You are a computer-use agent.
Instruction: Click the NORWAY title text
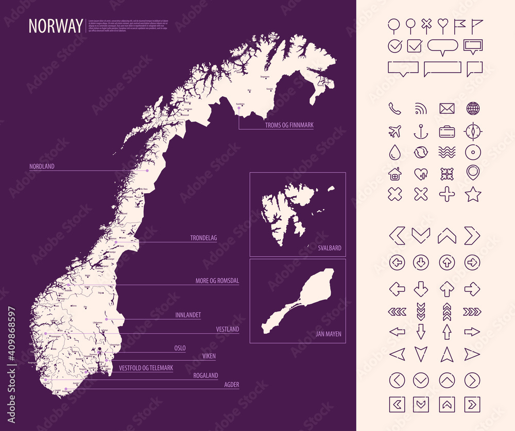pyautogui.click(x=55, y=26)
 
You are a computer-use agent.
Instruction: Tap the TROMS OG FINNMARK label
pyautogui.click(x=289, y=125)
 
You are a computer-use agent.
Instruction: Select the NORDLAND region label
pyautogui.click(x=42, y=166)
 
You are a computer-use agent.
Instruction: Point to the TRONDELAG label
pyautogui.click(x=203, y=238)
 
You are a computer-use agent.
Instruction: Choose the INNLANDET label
pyautogui.click(x=188, y=315)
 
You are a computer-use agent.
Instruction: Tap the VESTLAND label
pyautogui.click(x=227, y=329)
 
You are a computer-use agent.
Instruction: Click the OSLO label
pyautogui.click(x=180, y=349)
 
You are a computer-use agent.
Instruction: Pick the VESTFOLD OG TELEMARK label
pyautogui.click(x=146, y=368)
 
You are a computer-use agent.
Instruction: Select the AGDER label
pyautogui.click(x=231, y=385)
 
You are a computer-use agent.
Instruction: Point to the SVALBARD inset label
pyautogui.click(x=329, y=248)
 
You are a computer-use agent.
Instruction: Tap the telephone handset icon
pyautogui.click(x=394, y=109)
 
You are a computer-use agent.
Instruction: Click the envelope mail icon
pyautogui.click(x=447, y=109)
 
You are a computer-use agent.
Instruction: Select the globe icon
pyautogui.click(x=473, y=109)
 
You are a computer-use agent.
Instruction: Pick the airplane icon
pyautogui.click(x=394, y=131)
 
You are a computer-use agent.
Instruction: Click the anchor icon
pyautogui.click(x=421, y=132)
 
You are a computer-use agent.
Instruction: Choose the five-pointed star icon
pyautogui.click(x=473, y=194)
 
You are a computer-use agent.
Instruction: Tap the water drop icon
pyautogui.click(x=394, y=152)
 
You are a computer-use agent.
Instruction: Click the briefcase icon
pyautogui.click(x=447, y=131)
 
